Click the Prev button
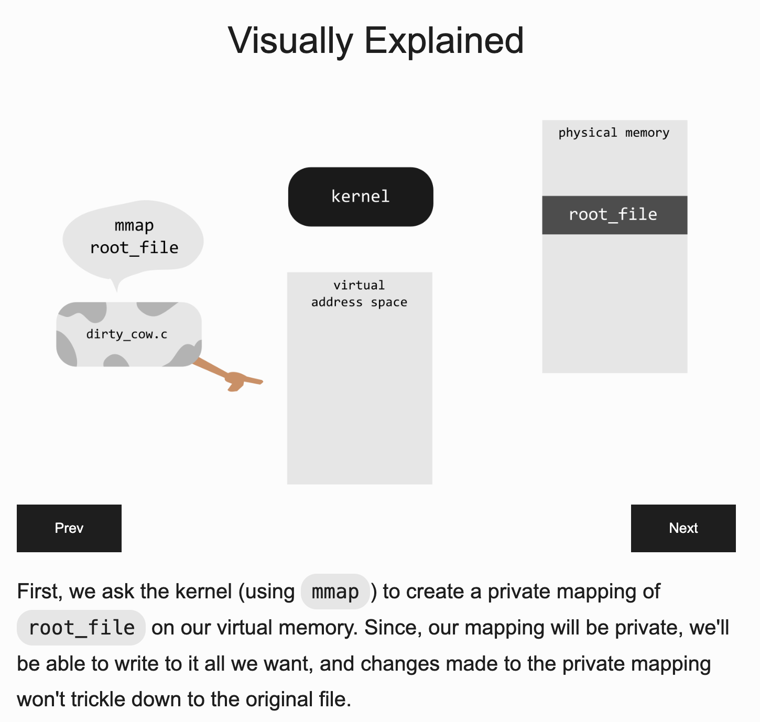69,528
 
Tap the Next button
683,528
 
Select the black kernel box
361,196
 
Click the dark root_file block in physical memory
614,215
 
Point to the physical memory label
614,133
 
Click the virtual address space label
360,293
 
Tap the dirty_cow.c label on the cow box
127,334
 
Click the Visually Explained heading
376,40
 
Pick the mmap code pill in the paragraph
335,592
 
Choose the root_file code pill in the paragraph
81,628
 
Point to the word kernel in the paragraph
203,592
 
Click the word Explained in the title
444,40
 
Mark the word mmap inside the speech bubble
134,225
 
